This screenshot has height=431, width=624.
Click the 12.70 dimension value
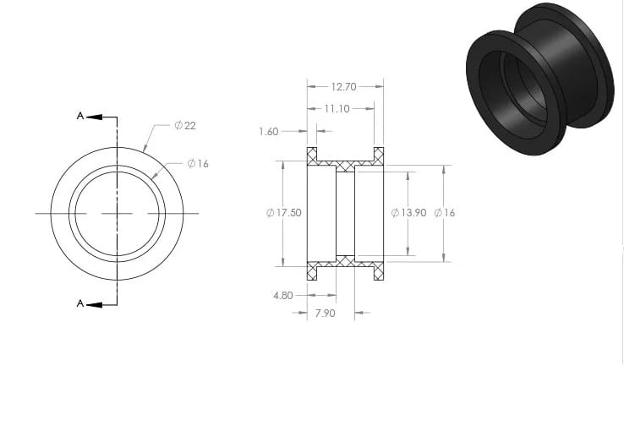point(344,87)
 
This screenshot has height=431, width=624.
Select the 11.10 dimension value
point(337,108)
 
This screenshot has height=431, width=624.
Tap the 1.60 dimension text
point(269,132)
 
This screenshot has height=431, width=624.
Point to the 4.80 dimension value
point(283,296)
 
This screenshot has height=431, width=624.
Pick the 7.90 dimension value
point(326,314)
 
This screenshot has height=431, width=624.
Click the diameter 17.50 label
point(284,213)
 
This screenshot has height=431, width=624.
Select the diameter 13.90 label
point(408,213)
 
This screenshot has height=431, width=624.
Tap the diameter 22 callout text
point(185,126)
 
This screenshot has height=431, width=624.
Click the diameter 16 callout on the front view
point(198,163)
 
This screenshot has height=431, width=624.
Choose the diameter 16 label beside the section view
point(445,213)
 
